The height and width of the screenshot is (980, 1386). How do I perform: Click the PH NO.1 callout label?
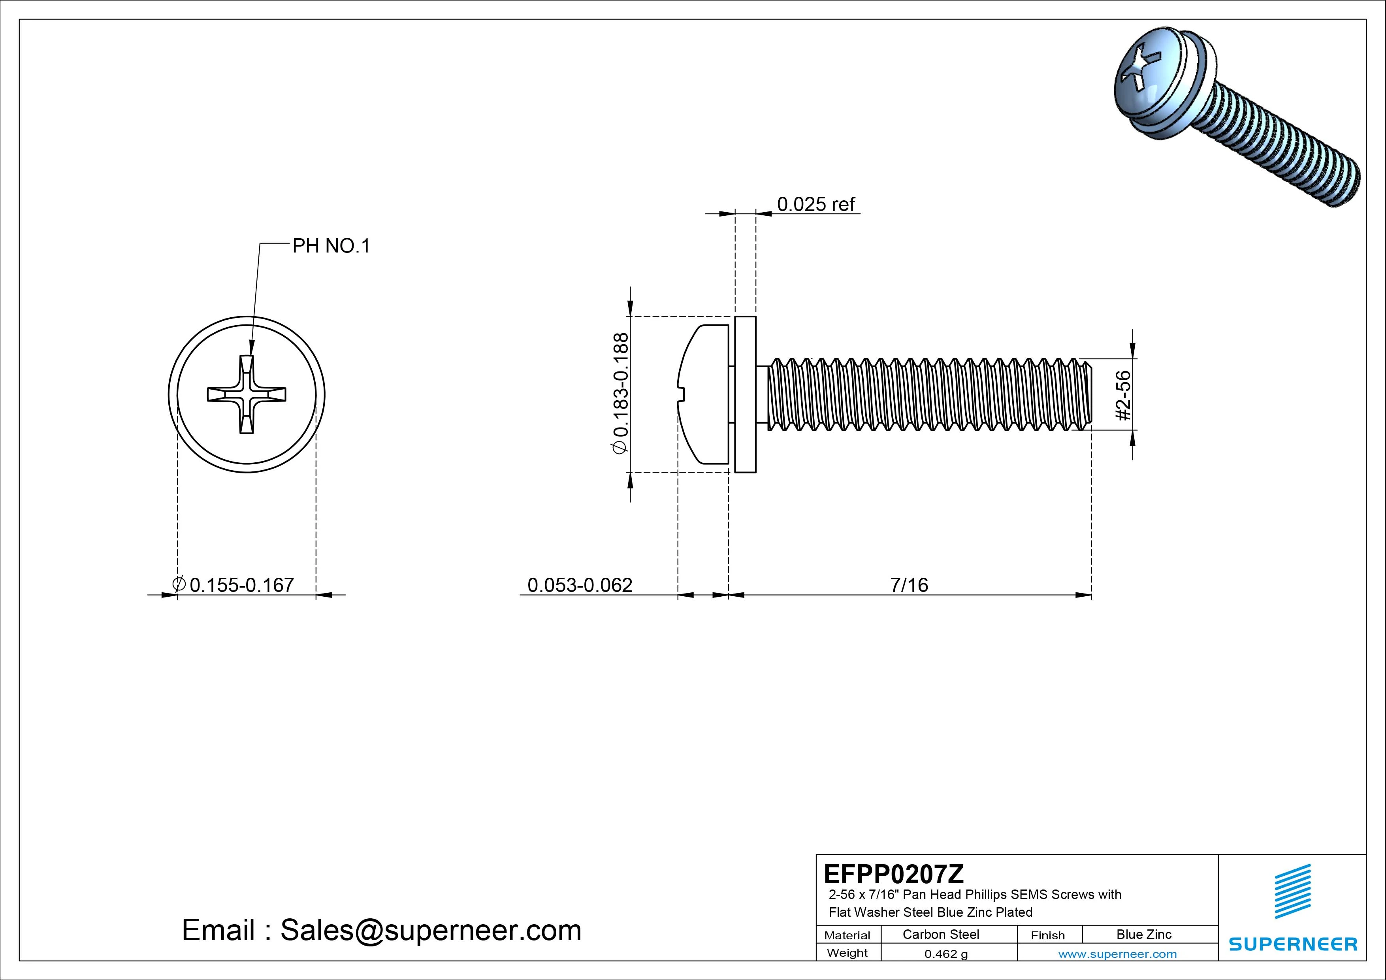coord(331,246)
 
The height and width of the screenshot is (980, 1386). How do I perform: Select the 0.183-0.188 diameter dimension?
coord(621,393)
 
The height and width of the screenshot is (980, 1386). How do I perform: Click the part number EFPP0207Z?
coord(893,874)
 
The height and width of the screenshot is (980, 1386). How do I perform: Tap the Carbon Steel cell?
coord(940,934)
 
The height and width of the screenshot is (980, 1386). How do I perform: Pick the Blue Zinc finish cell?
coord(1143,934)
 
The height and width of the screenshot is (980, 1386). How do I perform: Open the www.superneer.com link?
coord(1117,954)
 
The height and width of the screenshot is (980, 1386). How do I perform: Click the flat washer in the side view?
coord(746,394)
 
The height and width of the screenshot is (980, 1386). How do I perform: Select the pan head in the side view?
coord(703,394)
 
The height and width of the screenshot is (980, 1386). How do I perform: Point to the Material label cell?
coord(847,935)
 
